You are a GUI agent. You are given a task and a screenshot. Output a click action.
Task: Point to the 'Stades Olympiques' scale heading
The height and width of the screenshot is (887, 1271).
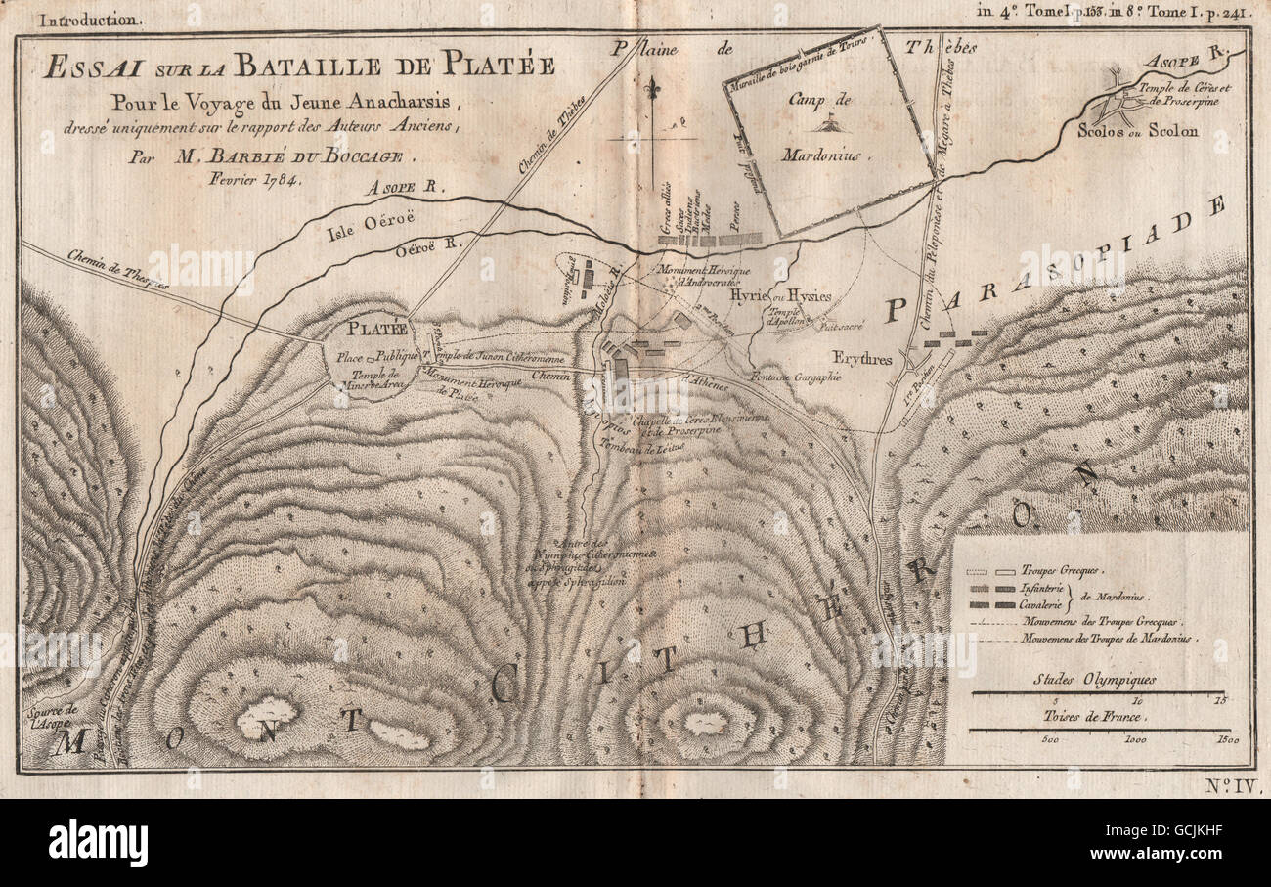click(1094, 679)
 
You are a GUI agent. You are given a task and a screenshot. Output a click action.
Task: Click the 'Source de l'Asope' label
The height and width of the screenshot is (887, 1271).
click(50, 716)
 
